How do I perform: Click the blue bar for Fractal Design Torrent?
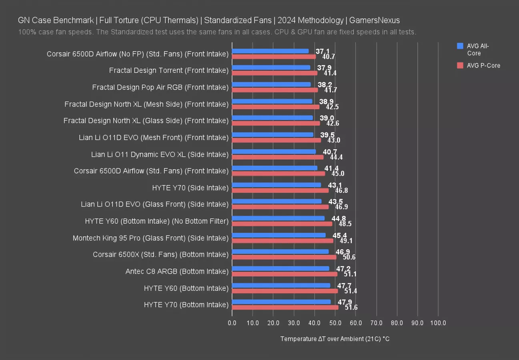[x=271, y=68]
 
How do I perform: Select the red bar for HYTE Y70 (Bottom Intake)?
[x=285, y=307]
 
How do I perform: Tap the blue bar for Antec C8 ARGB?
[x=281, y=268]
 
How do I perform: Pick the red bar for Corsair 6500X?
[x=284, y=257]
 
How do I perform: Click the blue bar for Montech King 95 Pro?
[x=279, y=235]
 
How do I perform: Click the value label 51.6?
[x=351, y=308]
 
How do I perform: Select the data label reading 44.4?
[x=336, y=157]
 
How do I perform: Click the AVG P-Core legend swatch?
[x=460, y=65]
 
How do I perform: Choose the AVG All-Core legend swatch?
[x=460, y=46]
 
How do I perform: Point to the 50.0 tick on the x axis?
[x=335, y=323]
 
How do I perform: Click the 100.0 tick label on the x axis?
[x=438, y=323]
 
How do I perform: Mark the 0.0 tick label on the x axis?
[x=232, y=323]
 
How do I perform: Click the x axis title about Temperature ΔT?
[x=335, y=339]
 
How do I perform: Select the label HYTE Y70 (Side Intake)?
[x=190, y=188]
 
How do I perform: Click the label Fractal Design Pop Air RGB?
[x=160, y=87]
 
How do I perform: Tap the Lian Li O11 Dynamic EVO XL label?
[x=160, y=154]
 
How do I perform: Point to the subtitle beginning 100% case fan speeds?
[x=217, y=32]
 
